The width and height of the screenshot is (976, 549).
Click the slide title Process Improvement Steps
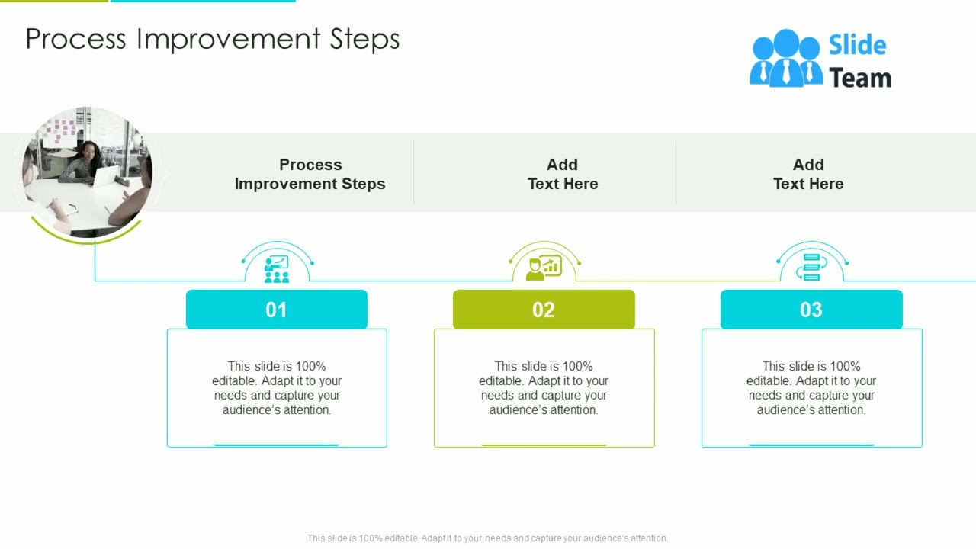click(x=212, y=39)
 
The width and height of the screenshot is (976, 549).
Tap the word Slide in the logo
click(x=857, y=46)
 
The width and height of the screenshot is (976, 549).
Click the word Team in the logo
click(x=859, y=78)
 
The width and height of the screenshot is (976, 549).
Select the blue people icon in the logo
click(x=785, y=59)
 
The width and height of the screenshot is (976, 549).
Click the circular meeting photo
click(x=87, y=172)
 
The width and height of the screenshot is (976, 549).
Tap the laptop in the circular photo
click(x=104, y=176)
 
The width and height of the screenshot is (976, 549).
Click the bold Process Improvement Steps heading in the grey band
click(x=310, y=174)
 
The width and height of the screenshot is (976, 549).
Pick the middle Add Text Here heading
click(x=562, y=174)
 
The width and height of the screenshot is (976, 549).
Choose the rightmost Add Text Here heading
click(x=807, y=174)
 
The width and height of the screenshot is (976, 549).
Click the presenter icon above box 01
click(x=276, y=269)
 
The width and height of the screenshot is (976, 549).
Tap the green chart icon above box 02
click(x=544, y=268)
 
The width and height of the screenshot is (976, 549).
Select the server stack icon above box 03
click(x=811, y=268)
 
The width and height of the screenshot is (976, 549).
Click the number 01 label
click(x=276, y=310)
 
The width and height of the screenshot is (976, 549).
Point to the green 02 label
click(x=544, y=310)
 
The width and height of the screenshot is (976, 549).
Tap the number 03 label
click(x=811, y=310)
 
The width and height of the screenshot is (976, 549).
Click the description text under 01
click(x=277, y=387)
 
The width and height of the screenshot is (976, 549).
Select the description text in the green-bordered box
click(x=544, y=387)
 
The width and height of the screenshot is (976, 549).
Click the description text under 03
click(x=811, y=387)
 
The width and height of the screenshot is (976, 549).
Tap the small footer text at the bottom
click(x=487, y=538)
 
